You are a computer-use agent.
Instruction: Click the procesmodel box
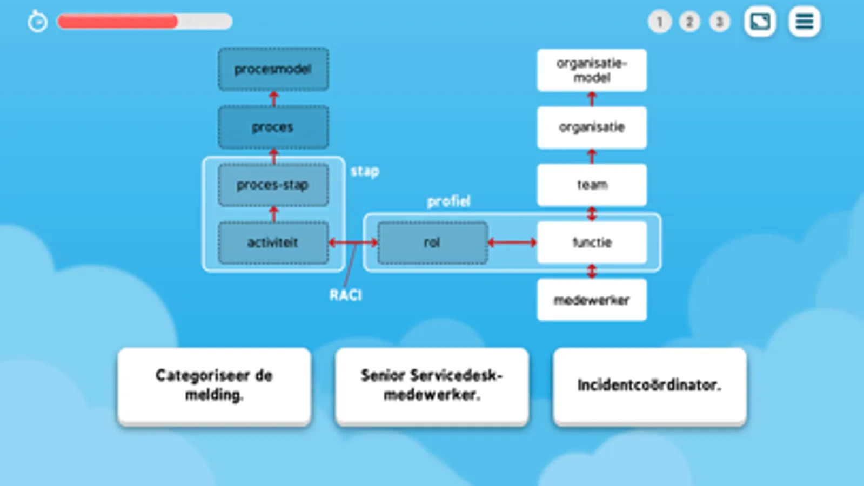tap(273, 69)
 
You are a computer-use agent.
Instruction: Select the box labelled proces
tap(273, 127)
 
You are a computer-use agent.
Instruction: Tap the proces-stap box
tap(273, 185)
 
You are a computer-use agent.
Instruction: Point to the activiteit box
tap(273, 243)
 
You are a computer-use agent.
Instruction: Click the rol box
tap(432, 243)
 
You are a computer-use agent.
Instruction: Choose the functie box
tap(592, 243)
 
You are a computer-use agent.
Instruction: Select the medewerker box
tap(592, 300)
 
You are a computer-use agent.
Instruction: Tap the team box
tap(592, 185)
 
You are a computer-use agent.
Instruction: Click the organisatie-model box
tap(592, 70)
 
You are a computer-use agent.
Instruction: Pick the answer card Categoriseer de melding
tap(214, 386)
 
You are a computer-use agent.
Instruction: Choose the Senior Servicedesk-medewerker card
tap(432, 386)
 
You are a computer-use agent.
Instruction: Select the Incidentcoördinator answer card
tap(649, 386)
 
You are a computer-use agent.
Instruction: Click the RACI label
tap(346, 295)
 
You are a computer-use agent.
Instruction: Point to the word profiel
tap(448, 201)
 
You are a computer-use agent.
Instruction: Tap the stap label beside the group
tap(365, 172)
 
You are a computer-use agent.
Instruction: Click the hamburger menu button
tap(804, 22)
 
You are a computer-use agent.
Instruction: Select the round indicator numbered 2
tap(689, 22)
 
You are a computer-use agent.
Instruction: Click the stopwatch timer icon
tap(37, 22)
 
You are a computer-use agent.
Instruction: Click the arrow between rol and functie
tap(512, 243)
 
